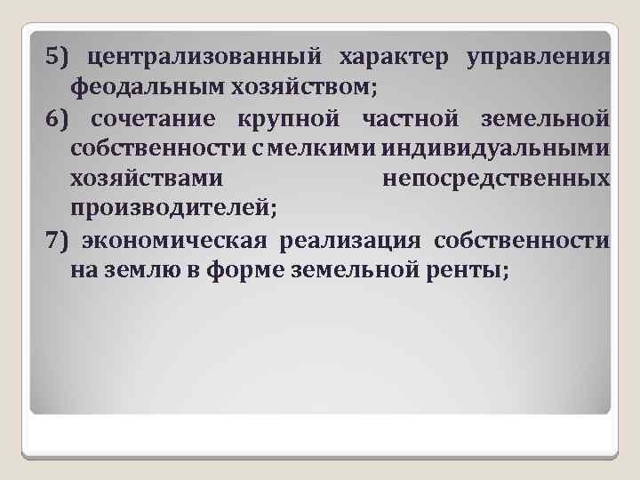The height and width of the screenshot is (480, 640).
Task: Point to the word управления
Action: click(537, 59)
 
